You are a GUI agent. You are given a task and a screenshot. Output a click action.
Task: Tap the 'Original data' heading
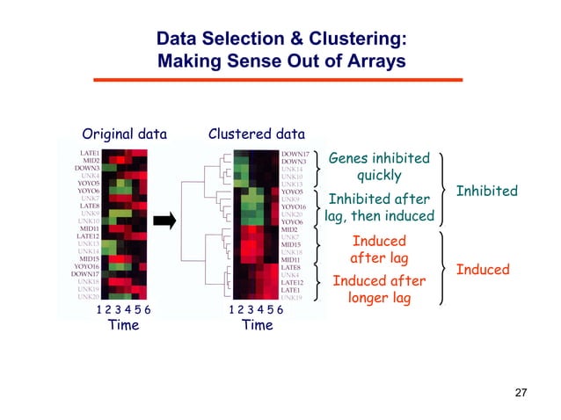pos(124,134)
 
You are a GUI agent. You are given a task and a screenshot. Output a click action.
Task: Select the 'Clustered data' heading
pos(256,134)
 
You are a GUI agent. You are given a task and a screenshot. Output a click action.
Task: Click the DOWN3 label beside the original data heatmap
pos(87,168)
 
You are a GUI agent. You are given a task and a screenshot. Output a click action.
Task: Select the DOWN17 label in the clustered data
pos(294,154)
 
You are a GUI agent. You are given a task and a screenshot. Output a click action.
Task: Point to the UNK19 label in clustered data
pos(292,297)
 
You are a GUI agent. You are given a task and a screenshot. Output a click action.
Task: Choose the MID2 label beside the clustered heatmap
pos(289,230)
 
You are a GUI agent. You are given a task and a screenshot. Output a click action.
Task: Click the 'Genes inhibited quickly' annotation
pos(379,167)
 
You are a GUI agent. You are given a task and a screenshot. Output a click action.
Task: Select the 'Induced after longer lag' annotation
pos(379,289)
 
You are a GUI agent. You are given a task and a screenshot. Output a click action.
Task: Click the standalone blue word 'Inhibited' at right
pos(487,191)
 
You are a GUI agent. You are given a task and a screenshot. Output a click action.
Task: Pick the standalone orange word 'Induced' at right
pos(483,269)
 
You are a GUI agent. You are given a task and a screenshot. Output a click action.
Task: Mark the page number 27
pos(521,391)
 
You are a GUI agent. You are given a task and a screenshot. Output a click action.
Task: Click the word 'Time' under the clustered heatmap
pos(257,325)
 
